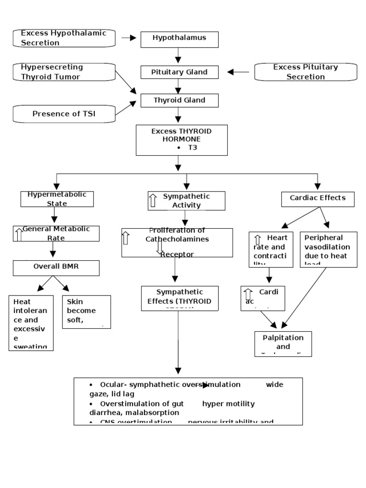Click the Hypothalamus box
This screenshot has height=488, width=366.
(x=179, y=39)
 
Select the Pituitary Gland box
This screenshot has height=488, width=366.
(x=179, y=72)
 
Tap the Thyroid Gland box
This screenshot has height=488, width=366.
(x=179, y=101)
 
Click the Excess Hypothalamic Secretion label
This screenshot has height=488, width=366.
(x=63, y=38)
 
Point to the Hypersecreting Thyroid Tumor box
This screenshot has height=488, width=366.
(x=63, y=72)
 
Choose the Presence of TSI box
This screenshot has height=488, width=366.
(x=63, y=113)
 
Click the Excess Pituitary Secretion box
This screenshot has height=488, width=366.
(x=305, y=72)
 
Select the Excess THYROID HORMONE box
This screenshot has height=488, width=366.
(x=181, y=140)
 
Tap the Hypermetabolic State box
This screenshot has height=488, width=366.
(x=57, y=199)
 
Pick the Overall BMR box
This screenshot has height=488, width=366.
(x=56, y=268)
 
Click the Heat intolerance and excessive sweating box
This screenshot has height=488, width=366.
(x=31, y=323)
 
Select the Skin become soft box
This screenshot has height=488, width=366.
(x=86, y=312)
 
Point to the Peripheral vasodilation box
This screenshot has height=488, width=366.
(x=328, y=250)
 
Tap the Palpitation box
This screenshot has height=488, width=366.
(x=283, y=344)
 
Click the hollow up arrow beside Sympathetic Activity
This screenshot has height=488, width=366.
(x=153, y=200)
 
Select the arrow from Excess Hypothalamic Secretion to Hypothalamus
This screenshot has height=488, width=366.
(x=129, y=38)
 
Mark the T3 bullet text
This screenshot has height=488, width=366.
(x=192, y=148)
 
